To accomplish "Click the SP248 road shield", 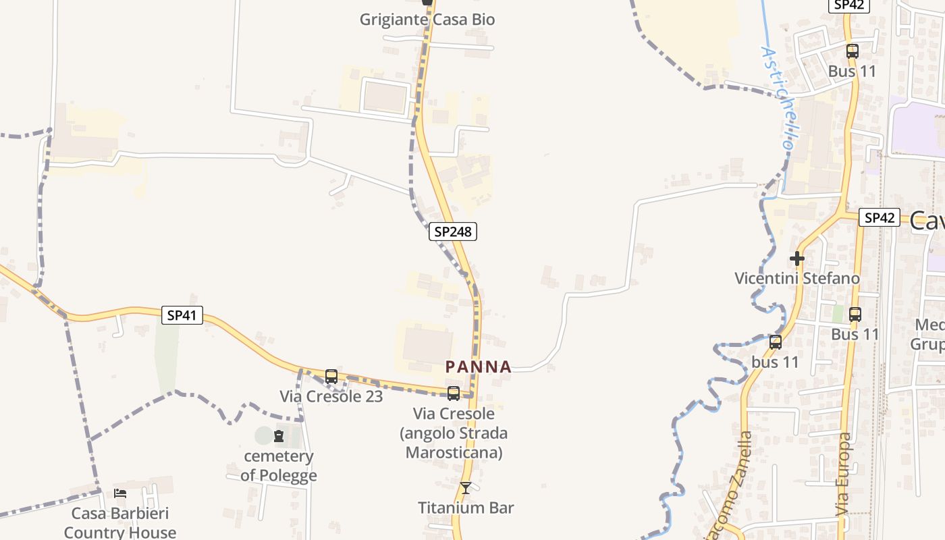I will [452, 232].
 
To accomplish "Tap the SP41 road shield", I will [182, 315].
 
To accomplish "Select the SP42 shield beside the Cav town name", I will [879, 217].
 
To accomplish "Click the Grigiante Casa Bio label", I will [427, 20].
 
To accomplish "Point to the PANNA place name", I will [479, 367].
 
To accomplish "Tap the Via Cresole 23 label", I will [331, 396].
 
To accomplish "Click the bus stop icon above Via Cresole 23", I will [331, 377].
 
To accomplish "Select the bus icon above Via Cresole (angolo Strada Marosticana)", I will [454, 393].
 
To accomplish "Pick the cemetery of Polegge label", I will [278, 466].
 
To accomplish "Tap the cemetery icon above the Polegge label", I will [279, 436].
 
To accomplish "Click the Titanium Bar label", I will [466, 508].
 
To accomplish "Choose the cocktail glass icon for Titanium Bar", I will [466, 487].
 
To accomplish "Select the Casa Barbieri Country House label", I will [120, 523].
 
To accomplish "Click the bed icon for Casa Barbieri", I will [120, 493].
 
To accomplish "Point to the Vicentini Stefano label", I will [797, 278].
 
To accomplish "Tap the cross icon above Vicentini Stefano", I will [797, 258].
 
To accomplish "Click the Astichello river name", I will [777, 98].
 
